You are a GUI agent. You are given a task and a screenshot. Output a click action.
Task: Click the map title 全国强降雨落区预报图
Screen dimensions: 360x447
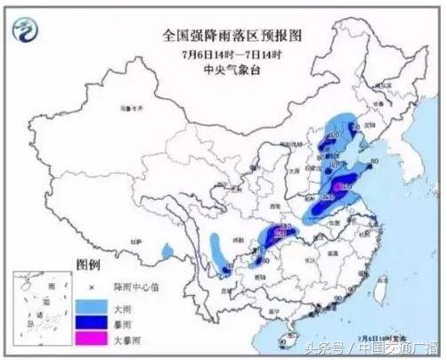click(223, 35)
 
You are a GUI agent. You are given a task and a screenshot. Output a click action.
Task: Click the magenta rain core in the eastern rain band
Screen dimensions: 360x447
click(340, 185)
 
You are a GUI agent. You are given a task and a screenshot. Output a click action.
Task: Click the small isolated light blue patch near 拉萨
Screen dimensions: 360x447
click(163, 249)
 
